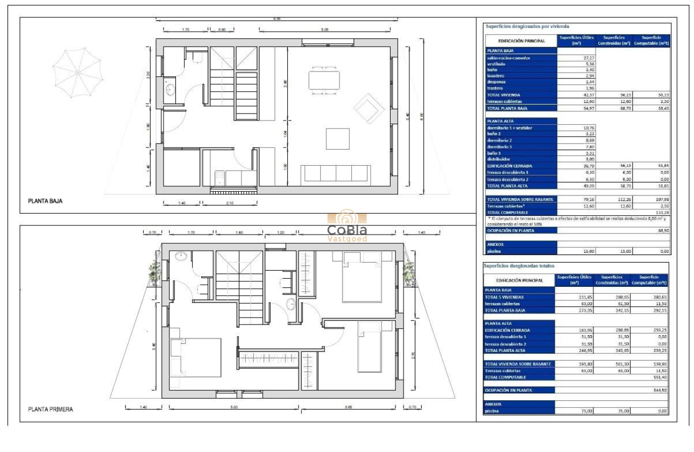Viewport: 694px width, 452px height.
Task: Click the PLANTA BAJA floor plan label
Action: [x=45, y=201]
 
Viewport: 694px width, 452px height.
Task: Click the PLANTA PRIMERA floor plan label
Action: [x=51, y=409]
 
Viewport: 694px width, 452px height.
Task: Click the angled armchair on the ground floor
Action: [x=369, y=107]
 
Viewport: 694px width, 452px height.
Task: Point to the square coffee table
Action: [x=337, y=139]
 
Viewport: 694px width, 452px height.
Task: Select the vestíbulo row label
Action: [x=496, y=63]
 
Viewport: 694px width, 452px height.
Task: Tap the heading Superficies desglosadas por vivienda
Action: [x=527, y=26]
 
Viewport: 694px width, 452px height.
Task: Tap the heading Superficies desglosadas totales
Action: [x=519, y=266]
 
